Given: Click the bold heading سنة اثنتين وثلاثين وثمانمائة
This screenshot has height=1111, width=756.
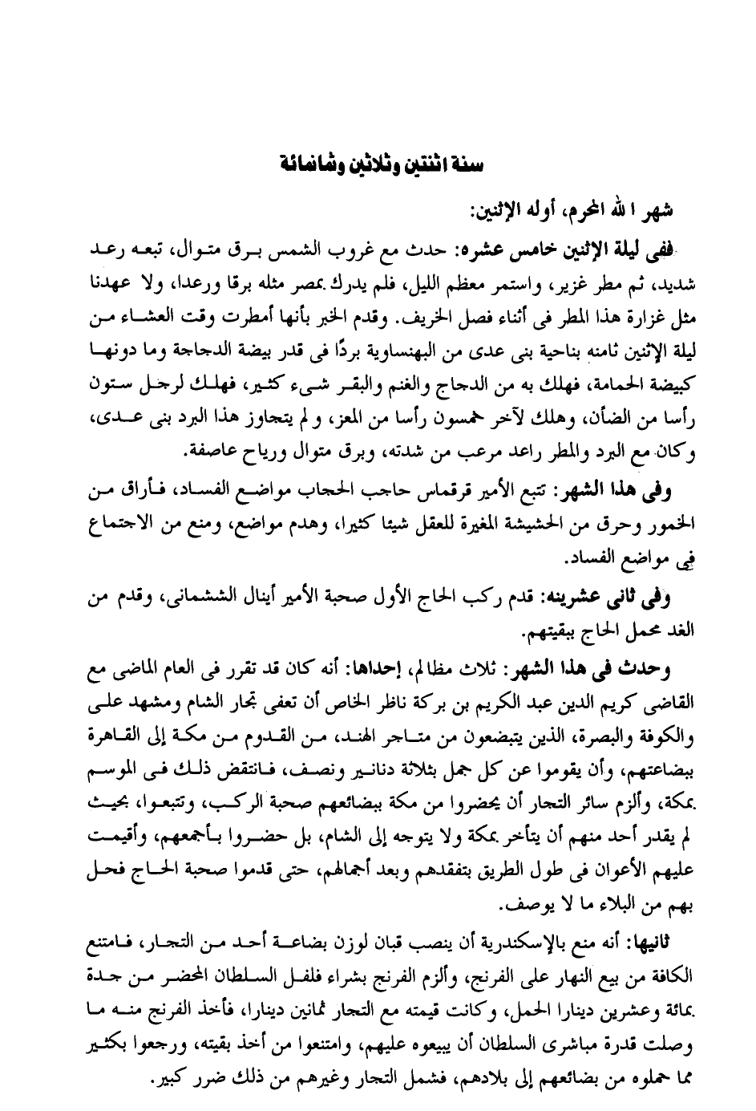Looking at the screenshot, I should [378, 164].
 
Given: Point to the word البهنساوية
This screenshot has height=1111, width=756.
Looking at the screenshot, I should [369, 350].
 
